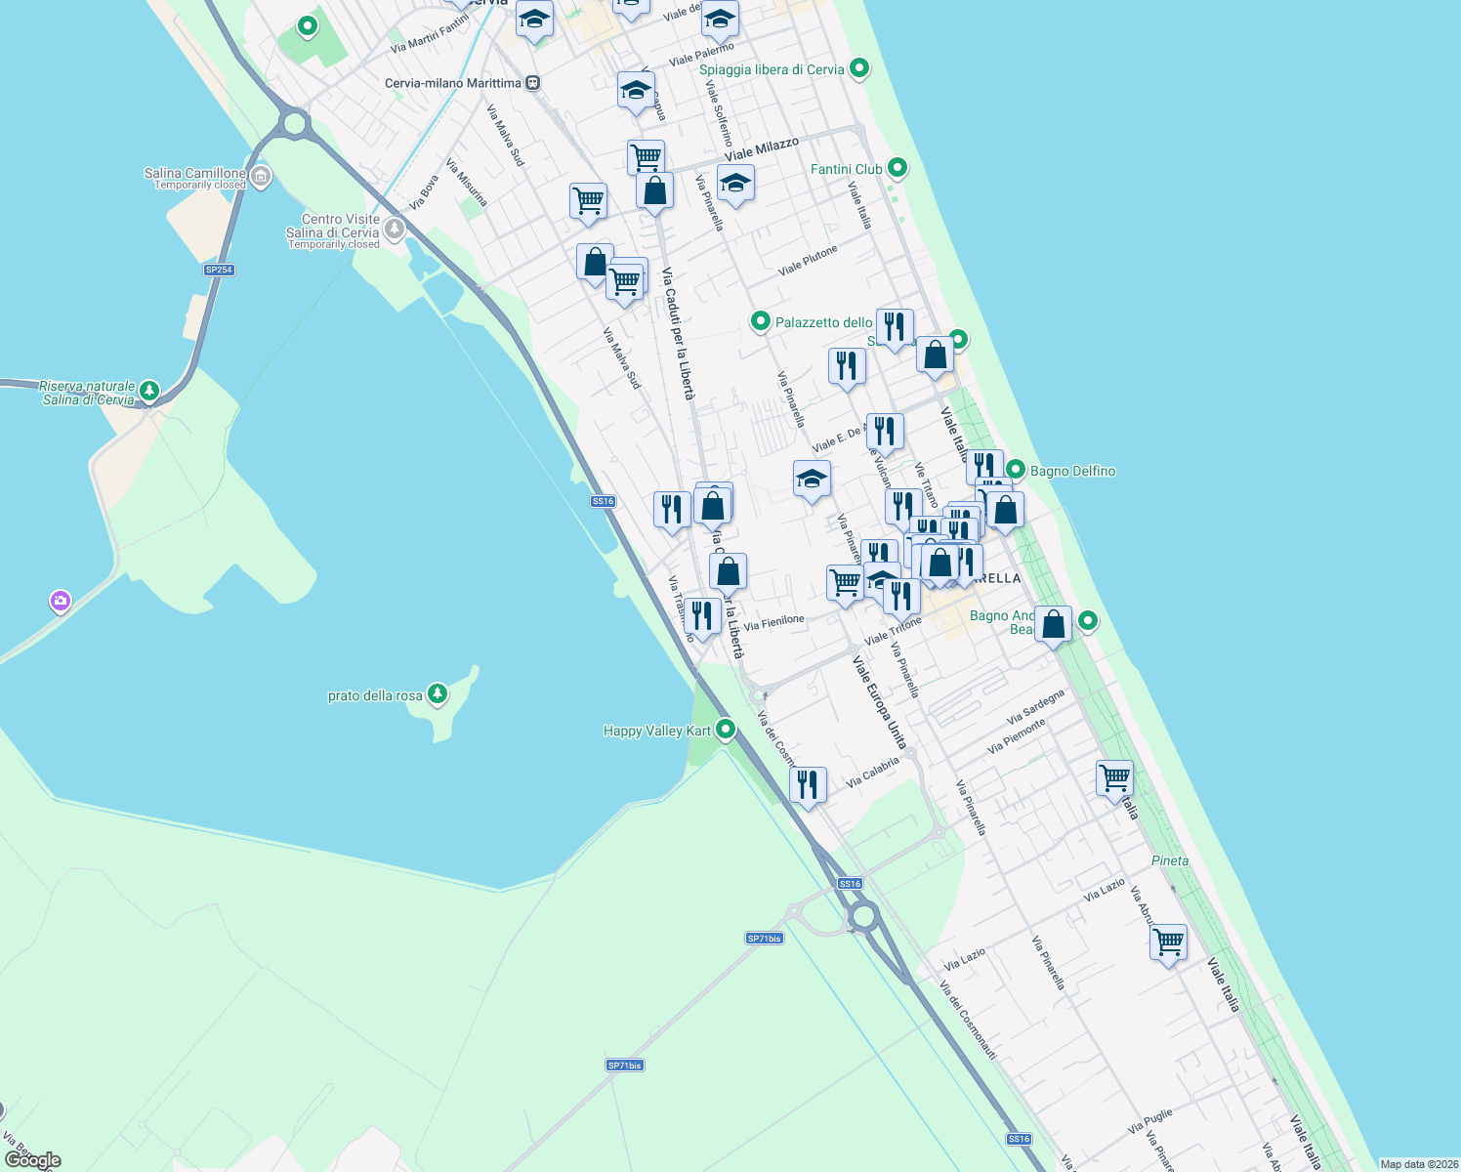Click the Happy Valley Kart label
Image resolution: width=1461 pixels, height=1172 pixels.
pos(657,731)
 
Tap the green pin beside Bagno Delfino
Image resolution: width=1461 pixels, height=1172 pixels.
pos(1016,470)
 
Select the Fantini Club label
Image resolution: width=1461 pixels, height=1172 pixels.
pos(846,169)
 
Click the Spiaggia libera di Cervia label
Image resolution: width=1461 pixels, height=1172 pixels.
pos(772,69)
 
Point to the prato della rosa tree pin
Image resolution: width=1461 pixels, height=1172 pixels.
pos(438,694)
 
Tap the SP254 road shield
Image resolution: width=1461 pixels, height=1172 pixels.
pos(219,270)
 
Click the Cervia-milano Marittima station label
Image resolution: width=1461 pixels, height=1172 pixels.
pos(452,83)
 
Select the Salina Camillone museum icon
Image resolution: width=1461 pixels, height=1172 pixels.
pos(260,177)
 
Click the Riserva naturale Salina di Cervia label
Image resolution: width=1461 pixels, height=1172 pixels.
pos(88,393)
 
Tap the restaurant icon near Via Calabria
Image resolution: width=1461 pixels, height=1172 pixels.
pos(808,784)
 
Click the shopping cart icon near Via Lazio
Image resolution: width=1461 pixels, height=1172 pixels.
pos(1168,942)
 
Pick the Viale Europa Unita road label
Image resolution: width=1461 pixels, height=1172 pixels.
pos(879,701)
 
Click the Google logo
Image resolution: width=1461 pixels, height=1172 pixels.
pos(32,1160)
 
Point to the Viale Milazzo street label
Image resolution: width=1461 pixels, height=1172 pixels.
pos(762,149)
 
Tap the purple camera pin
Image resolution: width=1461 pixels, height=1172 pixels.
pos(61,601)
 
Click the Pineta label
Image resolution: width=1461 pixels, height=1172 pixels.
pos(1170,860)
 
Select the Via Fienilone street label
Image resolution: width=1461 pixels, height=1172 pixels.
pos(773,621)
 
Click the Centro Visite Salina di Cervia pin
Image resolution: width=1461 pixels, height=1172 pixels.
pos(395,230)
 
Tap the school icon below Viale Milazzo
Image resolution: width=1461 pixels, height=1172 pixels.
pos(735,183)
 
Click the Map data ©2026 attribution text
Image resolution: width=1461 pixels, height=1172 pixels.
pos(1419,1164)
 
